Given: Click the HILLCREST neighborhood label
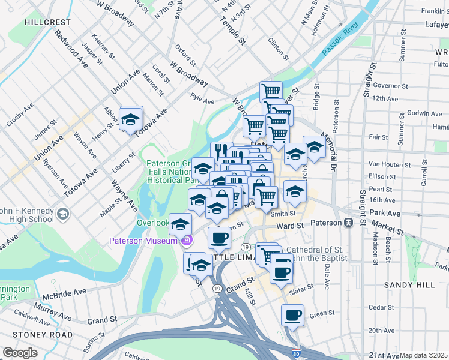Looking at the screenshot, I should (48, 22).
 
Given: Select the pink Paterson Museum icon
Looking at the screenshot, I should (187, 241).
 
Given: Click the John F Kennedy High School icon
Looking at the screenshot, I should (62, 214).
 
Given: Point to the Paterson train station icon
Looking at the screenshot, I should (348, 223).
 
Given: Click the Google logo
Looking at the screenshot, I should (20, 353).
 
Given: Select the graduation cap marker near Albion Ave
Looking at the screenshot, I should (130, 119).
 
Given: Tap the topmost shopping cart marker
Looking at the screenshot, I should (271, 91).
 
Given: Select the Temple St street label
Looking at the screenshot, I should (233, 33).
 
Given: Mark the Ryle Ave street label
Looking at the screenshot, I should (202, 98).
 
